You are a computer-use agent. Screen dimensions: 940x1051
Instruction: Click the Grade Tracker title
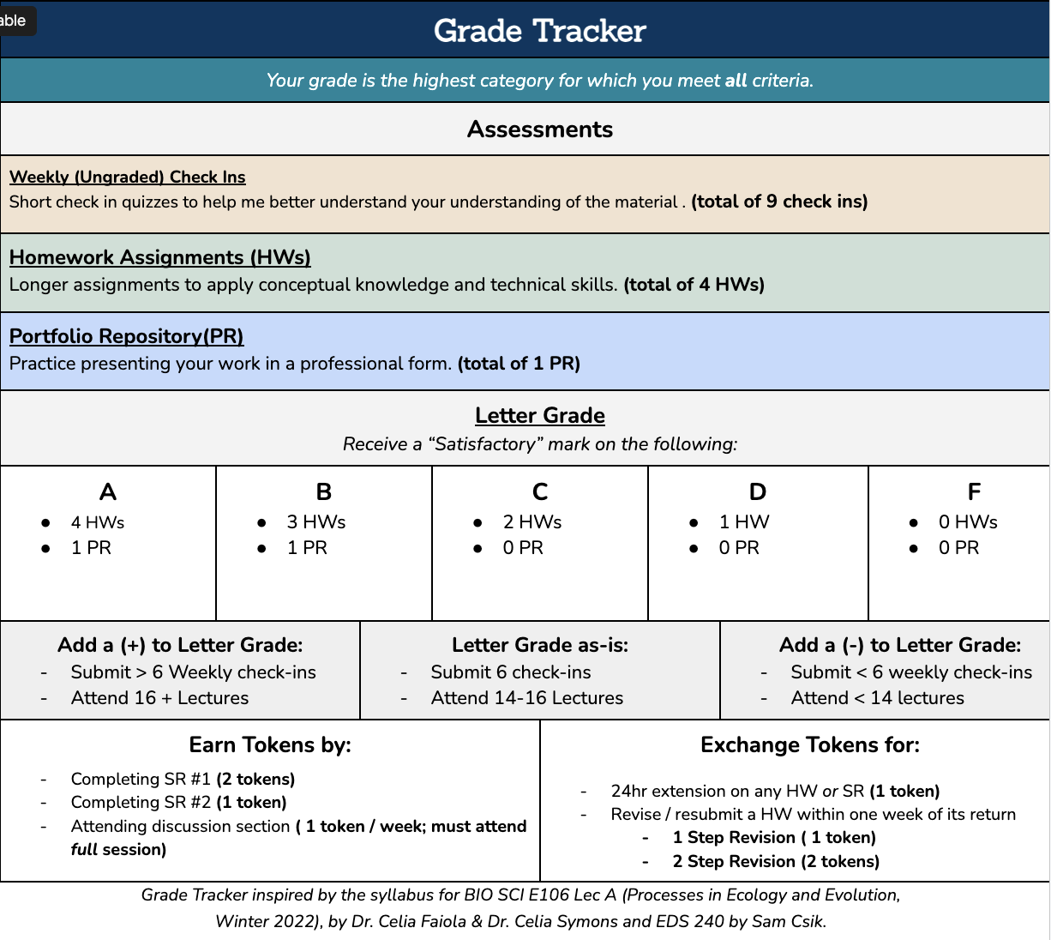[539, 32]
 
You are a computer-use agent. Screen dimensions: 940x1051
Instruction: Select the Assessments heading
[540, 130]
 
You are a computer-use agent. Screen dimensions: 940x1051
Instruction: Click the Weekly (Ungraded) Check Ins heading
[128, 178]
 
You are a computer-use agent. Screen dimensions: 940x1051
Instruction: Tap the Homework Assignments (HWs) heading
[160, 257]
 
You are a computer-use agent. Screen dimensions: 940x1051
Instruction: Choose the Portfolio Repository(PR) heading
[127, 336]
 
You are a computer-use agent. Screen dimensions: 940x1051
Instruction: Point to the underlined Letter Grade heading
[540, 416]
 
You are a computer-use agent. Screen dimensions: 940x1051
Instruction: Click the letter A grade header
[108, 492]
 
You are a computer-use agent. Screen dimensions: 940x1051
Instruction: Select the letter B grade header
[324, 492]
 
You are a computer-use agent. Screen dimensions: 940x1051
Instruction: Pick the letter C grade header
[540, 492]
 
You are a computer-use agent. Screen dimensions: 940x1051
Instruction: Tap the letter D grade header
[758, 492]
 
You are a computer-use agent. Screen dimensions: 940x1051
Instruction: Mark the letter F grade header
[974, 492]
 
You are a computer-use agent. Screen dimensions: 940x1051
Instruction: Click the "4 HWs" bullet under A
[98, 522]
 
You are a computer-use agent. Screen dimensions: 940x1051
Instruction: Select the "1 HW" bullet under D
[744, 522]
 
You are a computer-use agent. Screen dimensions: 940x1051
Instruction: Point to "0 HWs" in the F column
[968, 522]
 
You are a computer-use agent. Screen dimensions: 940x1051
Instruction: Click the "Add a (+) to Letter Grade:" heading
[180, 645]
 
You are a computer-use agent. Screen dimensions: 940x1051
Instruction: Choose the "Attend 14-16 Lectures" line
[526, 698]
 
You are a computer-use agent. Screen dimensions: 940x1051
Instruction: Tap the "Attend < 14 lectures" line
[877, 698]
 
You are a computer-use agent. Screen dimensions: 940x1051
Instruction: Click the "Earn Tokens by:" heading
[270, 745]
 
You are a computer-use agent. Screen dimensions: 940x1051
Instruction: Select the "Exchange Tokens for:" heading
[810, 745]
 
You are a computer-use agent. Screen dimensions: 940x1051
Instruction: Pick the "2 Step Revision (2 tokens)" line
[776, 861]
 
